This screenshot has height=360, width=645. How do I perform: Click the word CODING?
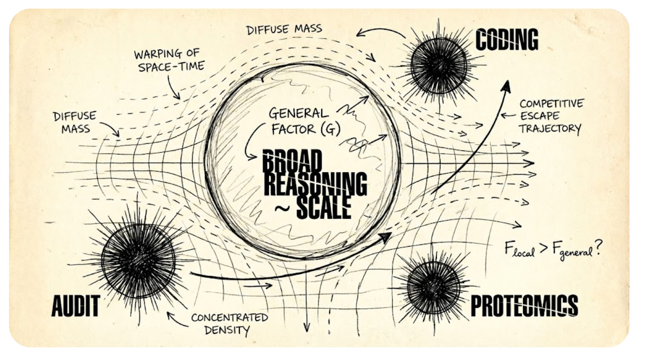[506, 39]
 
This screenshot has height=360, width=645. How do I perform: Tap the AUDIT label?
[75, 306]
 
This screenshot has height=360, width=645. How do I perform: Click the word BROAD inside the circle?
[293, 162]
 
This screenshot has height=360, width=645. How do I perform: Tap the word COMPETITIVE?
[552, 103]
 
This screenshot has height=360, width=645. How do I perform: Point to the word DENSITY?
[227, 330]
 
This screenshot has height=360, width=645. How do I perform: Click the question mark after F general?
[599, 248]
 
